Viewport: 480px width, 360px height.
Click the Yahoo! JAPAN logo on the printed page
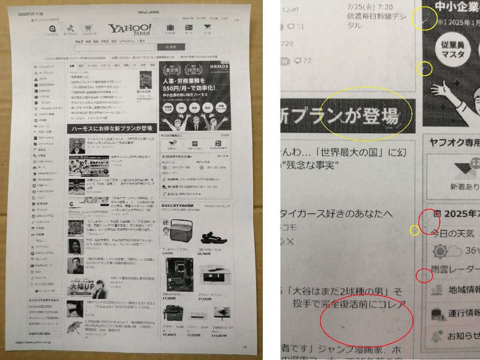coord(130,29)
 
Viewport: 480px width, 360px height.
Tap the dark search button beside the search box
coord(171,47)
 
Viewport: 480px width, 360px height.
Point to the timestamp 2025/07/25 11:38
coord(30,14)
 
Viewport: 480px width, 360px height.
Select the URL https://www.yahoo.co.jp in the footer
coord(33,343)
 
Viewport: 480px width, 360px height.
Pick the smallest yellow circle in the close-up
coord(415,230)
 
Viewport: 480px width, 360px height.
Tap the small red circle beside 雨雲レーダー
coord(425,276)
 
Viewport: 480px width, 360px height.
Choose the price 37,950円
coord(204,298)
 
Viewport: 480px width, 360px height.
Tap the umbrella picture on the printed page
coord(75,328)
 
